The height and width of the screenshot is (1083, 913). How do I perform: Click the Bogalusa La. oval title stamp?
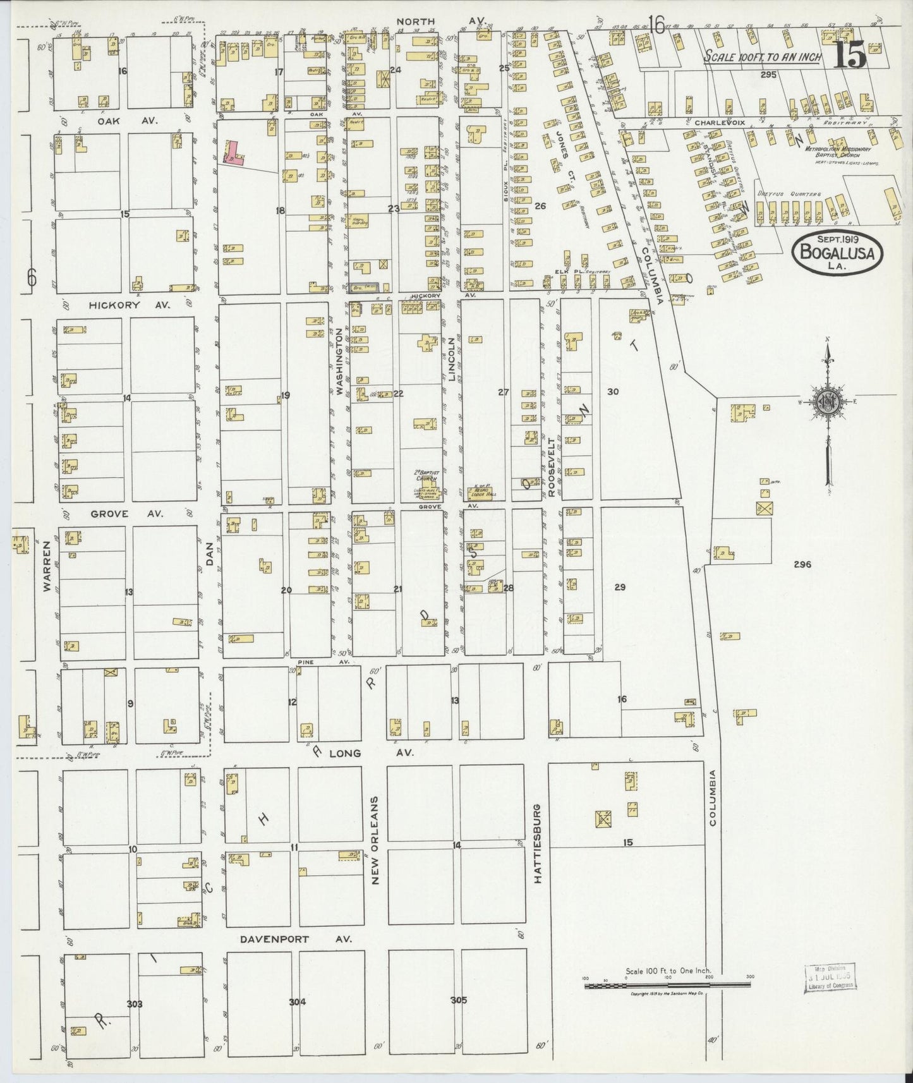coord(837,251)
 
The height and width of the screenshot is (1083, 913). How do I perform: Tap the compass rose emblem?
coord(826,404)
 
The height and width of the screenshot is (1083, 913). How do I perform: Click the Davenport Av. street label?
coord(274,939)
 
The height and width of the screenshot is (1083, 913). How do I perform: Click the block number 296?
coord(802,564)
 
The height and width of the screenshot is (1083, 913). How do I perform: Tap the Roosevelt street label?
coord(551,459)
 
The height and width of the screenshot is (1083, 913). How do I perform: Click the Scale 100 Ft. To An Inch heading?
coord(763,57)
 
